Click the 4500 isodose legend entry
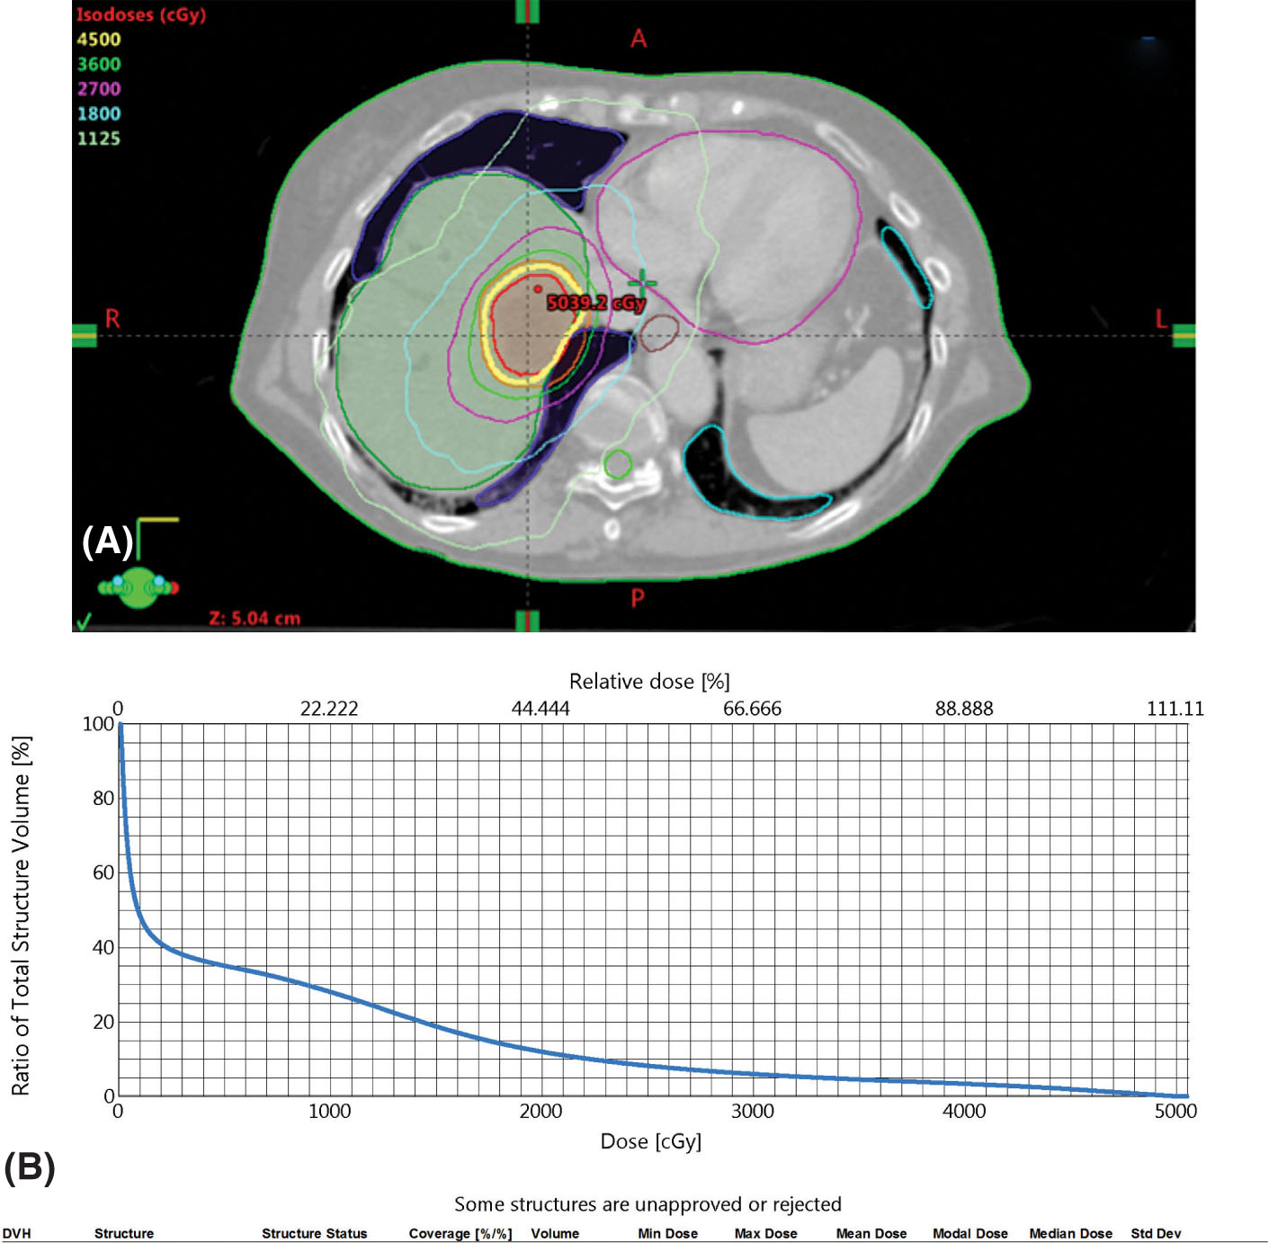click(98, 40)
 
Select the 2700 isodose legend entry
click(98, 89)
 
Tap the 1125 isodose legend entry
click(98, 139)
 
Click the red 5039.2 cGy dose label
click(595, 303)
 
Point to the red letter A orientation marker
click(639, 39)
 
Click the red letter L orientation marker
click(1161, 319)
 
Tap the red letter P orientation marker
click(638, 598)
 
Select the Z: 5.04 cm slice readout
click(255, 619)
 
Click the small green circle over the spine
click(618, 464)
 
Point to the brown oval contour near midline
click(659, 333)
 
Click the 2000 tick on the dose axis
click(541, 1112)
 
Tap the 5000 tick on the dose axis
click(1175, 1112)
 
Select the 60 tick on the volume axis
click(103, 872)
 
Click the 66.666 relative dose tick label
click(752, 709)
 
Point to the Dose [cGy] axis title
click(650, 1141)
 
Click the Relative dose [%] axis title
click(649, 682)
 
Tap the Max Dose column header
click(765, 1233)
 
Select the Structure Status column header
click(314, 1233)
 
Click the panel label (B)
click(30, 1167)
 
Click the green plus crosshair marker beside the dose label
click(642, 282)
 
